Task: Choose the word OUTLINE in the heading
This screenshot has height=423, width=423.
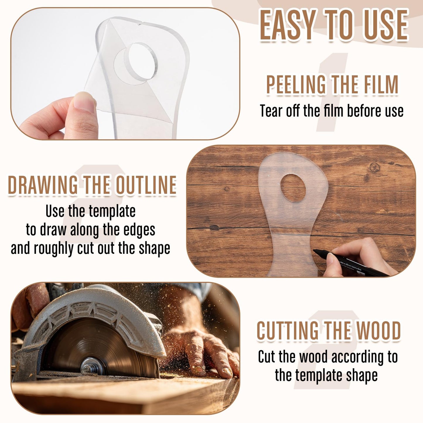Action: coord(146,185)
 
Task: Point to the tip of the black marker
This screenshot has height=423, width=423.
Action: coord(314,251)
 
